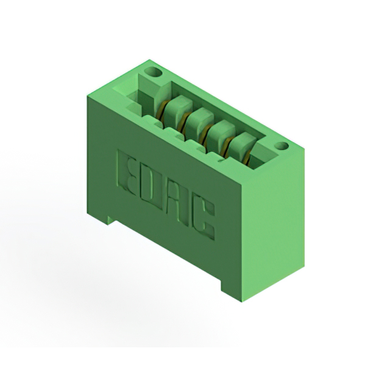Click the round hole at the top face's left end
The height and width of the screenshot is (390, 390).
coord(154,73)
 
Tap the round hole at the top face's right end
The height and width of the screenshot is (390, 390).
coord(282,146)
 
